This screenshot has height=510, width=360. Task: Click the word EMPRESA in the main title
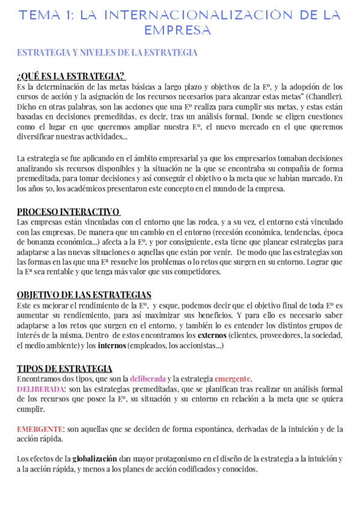177,29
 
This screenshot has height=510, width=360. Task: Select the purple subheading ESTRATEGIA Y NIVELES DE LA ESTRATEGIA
107,53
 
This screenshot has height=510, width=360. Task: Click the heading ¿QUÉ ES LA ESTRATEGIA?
71,76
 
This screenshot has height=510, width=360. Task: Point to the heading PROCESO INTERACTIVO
68,212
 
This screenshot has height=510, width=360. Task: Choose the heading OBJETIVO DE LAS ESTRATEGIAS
84,295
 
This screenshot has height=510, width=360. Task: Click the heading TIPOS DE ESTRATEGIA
64,369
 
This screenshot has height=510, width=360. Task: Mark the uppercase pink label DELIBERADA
40,389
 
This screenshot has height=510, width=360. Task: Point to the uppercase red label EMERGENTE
40,429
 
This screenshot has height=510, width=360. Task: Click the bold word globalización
95,459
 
